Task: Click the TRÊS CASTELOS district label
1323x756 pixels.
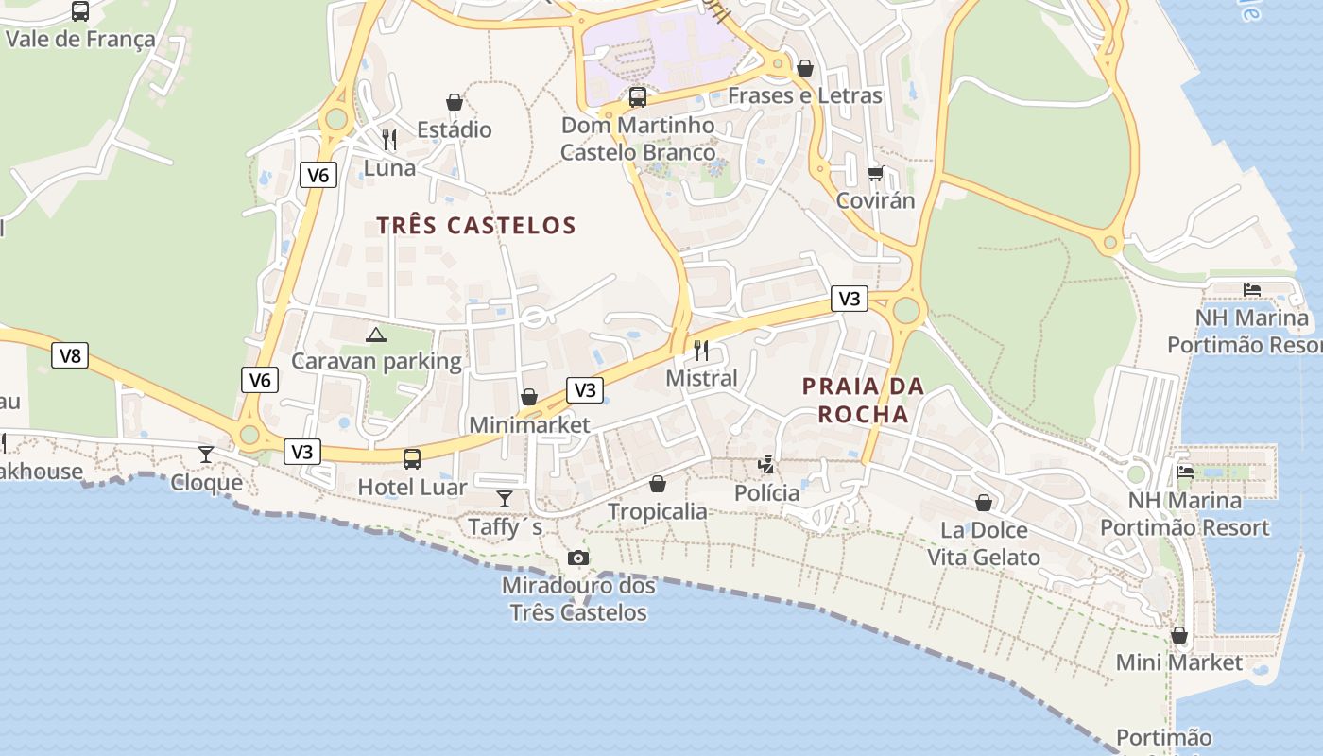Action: [x=476, y=225]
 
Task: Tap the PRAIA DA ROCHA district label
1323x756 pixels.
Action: [x=863, y=400]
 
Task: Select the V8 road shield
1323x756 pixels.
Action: [x=70, y=355]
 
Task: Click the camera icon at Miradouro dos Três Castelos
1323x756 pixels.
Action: [x=578, y=558]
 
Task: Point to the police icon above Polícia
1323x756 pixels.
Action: [x=766, y=465]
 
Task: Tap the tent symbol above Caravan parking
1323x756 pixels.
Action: [x=376, y=334]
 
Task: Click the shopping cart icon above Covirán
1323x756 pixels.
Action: [x=875, y=173]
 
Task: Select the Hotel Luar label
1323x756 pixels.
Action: [x=412, y=488]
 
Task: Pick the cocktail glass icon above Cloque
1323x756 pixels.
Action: [x=205, y=455]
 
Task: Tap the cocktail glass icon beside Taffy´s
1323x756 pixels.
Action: [x=505, y=499]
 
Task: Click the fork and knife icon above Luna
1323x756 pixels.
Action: [x=389, y=140]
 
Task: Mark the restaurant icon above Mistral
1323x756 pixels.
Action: [x=701, y=351]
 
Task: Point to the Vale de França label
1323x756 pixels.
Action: [x=80, y=39]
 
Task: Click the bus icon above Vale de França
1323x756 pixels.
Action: [x=80, y=11]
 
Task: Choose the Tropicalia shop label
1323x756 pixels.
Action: [x=657, y=511]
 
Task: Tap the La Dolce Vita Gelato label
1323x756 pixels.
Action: [x=984, y=543]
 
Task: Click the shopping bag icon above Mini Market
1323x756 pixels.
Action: [x=1178, y=635]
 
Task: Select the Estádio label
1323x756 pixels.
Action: [x=455, y=129]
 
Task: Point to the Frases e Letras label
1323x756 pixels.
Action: [x=804, y=95]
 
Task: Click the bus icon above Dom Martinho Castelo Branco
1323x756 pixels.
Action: [x=638, y=96]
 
